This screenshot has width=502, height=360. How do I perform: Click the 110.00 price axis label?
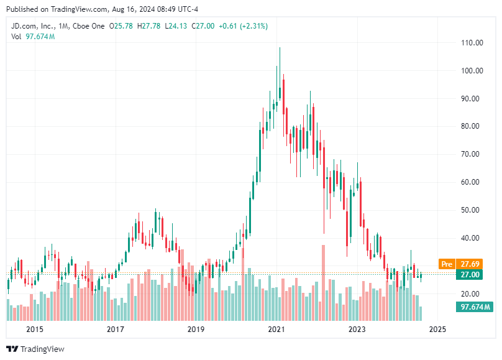472,42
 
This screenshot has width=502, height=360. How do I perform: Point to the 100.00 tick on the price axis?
472,70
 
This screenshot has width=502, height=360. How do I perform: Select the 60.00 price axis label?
472,182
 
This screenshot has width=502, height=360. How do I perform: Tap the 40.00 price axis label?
472,238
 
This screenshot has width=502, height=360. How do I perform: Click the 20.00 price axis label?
472,294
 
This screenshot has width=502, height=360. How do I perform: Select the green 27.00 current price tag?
470,274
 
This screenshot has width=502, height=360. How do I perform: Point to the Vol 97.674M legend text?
33,37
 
